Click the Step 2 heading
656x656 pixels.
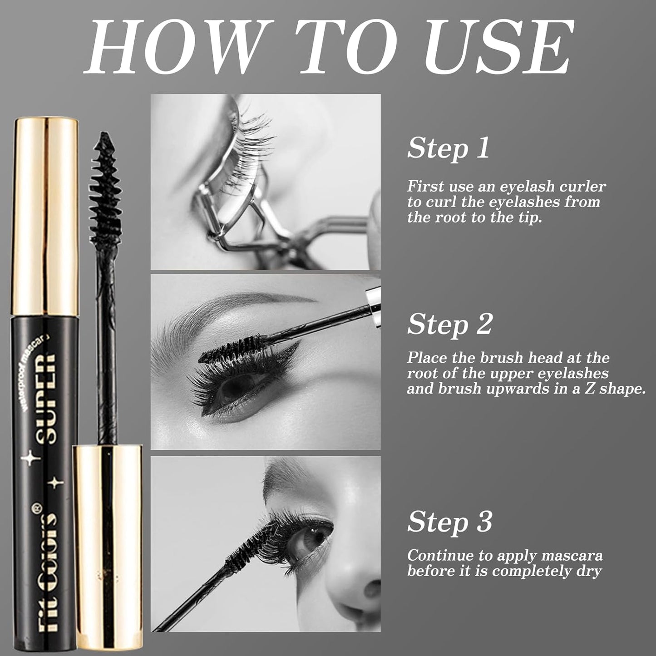449,324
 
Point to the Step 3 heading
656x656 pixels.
449,521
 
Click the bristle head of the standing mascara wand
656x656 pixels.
105,186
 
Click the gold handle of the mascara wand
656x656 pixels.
108,545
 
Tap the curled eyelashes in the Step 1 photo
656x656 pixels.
254,136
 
